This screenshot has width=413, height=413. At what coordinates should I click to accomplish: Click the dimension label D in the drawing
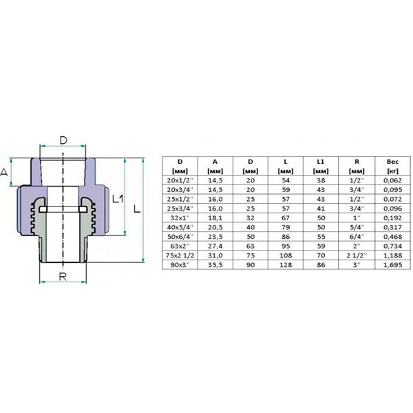(63, 141)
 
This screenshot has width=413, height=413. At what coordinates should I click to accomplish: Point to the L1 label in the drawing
(117, 198)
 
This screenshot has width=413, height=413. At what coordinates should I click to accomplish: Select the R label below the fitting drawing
(63, 277)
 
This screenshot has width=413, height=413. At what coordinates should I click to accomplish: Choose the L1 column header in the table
(321, 163)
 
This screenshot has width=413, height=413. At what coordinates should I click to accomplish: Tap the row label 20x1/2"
(178, 180)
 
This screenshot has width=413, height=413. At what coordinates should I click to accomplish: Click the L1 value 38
(321, 180)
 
